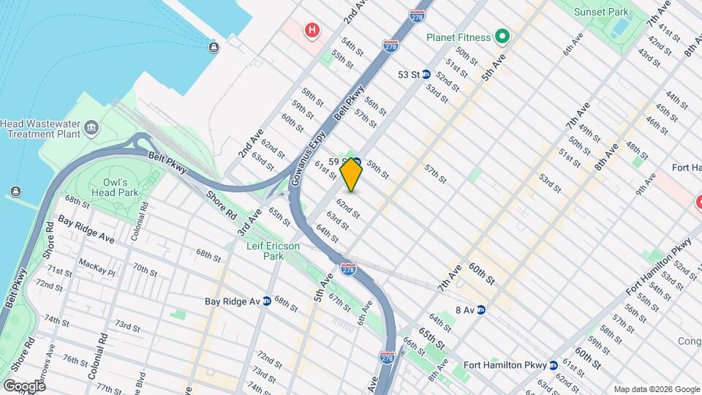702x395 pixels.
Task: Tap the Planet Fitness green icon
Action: [502, 36]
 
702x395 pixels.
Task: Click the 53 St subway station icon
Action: [426, 75]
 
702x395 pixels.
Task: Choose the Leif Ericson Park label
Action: [272, 251]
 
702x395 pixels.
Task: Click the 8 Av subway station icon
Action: [482, 309]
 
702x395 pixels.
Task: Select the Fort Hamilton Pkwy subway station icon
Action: [554, 364]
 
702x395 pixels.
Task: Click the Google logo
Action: [24, 385]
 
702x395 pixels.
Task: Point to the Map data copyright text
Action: [656, 389]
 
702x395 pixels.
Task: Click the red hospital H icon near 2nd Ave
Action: [312, 30]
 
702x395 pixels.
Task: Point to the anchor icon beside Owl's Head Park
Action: [16, 192]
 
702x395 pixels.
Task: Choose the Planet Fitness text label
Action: [459, 36]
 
